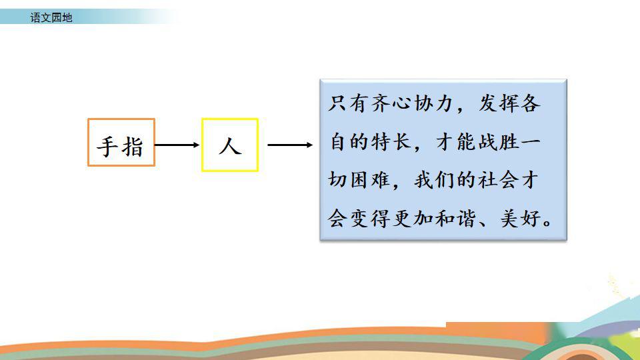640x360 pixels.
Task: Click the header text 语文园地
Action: (x=51, y=17)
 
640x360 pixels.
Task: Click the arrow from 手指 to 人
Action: (x=177, y=145)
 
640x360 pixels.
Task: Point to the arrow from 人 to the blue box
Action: (x=290, y=145)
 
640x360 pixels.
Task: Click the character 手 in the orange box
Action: (x=107, y=147)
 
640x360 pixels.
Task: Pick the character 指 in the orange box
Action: (x=132, y=147)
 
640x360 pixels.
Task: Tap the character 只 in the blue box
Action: (x=337, y=103)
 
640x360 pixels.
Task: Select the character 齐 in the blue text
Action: (x=380, y=103)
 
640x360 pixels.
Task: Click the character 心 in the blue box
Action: (x=401, y=103)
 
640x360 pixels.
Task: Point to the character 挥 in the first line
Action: (x=509, y=103)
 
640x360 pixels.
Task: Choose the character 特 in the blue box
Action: (x=380, y=141)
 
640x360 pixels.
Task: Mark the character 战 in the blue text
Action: (x=488, y=141)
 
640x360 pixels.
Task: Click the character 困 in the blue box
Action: (x=359, y=179)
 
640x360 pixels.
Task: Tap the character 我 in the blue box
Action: (x=423, y=179)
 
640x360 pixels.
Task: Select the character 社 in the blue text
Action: (x=488, y=179)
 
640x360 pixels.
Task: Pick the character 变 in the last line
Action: (x=359, y=219)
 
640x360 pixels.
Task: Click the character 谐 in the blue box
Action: (x=467, y=219)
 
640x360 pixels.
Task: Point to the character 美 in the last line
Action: (x=509, y=219)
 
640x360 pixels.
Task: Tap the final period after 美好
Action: (x=548, y=223)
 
